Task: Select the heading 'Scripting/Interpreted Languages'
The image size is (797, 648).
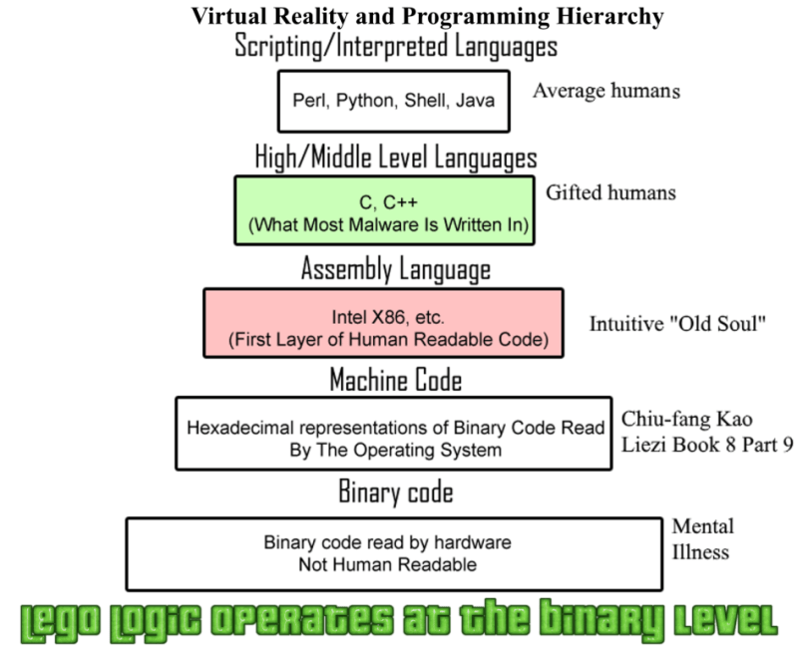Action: pos(395,45)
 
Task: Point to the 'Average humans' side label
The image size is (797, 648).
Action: pos(606,91)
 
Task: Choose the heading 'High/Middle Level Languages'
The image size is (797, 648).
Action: pos(395,158)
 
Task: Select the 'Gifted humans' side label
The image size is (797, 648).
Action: pos(610,192)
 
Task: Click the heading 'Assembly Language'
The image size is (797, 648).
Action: pos(395,269)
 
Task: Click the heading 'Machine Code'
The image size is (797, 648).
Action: pos(395,380)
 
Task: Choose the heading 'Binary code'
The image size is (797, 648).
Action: pos(395,492)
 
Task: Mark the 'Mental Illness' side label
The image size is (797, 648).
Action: pos(702,539)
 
